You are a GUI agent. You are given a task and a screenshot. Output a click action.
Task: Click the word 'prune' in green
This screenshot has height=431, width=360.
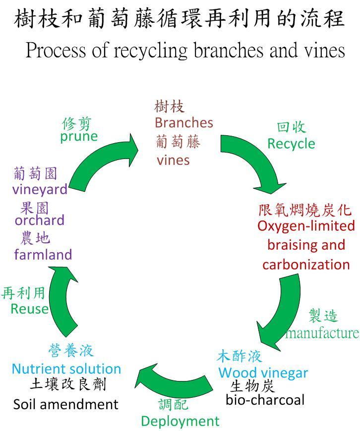point(79,136)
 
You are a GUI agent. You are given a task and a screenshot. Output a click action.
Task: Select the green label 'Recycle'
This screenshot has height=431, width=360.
point(291,143)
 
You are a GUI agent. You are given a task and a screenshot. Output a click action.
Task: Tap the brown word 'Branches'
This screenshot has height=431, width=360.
point(183,122)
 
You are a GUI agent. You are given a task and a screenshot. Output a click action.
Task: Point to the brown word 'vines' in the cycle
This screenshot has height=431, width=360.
point(173,160)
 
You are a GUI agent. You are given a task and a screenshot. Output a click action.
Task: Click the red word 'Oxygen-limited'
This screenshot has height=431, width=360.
point(306,226)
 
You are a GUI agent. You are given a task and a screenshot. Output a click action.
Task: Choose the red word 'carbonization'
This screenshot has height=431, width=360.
point(306,264)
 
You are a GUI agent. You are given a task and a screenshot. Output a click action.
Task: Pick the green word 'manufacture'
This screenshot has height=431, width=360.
point(322,332)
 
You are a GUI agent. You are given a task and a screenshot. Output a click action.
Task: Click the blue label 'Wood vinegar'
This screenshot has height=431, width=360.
point(263,373)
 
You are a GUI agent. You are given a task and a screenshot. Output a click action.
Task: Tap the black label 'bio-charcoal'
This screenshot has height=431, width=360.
point(265,399)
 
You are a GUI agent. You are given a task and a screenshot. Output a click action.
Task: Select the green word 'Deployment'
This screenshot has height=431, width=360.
point(180,421)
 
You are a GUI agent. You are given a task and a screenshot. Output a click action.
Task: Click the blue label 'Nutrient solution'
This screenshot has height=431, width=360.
point(66,369)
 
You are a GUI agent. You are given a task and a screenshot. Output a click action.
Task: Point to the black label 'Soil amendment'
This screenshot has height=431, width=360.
point(66,404)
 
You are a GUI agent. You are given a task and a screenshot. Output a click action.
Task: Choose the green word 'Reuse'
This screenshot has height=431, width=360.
point(30,309)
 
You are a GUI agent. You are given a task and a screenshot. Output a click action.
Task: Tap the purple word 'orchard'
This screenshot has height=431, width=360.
point(40,220)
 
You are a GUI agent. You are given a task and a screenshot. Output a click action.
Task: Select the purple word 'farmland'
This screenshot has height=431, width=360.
point(43,255)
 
